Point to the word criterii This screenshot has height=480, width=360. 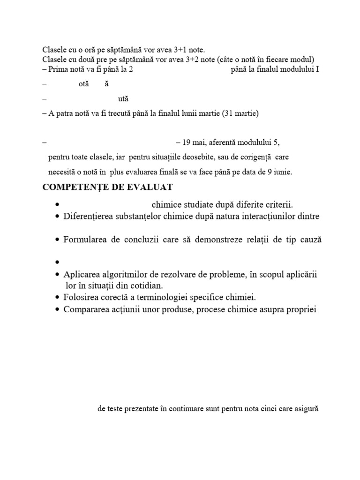coord(277,205)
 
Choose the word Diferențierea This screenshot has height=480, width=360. coord(89,217)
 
